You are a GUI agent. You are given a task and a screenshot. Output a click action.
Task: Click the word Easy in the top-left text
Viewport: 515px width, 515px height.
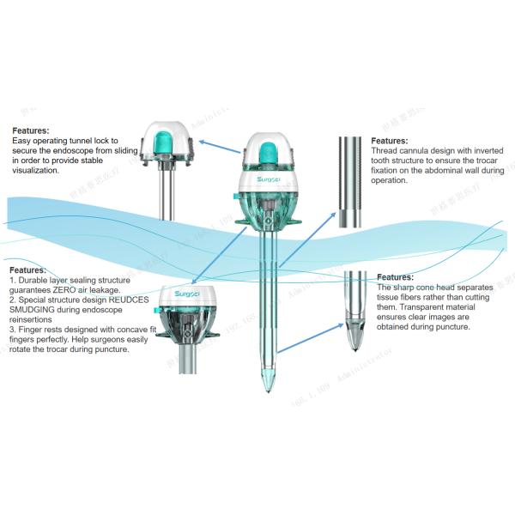[x=21, y=140]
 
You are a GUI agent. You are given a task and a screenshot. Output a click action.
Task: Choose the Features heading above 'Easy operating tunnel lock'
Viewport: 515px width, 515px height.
[x=30, y=130]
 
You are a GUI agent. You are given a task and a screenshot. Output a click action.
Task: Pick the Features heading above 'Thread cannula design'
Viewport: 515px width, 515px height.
[x=390, y=141]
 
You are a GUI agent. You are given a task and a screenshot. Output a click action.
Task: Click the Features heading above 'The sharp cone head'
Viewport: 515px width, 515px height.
[x=396, y=277]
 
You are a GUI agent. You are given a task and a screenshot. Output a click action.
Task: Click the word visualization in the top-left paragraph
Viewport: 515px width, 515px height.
[x=36, y=170]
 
